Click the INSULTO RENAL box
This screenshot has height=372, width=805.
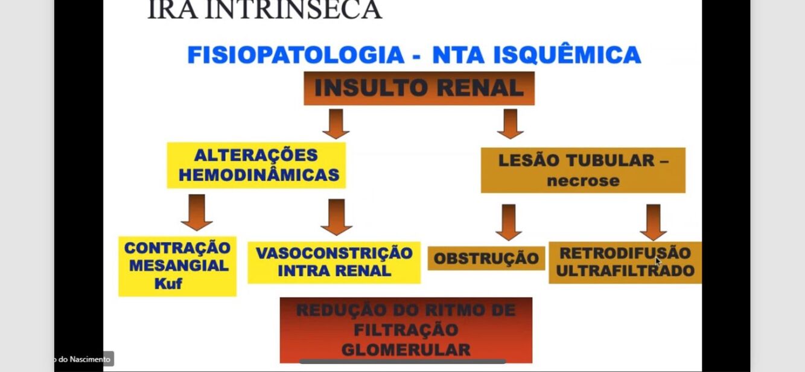(x=419, y=88)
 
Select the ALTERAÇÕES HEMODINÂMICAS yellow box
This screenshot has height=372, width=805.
(x=256, y=165)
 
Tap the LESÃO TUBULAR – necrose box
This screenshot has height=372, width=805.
(x=583, y=170)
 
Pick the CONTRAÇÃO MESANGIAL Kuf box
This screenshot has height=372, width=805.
(x=177, y=266)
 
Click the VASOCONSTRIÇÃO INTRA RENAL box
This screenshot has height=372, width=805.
(x=334, y=262)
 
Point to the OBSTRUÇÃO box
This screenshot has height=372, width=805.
(x=486, y=258)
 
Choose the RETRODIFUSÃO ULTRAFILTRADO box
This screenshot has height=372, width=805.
(x=625, y=262)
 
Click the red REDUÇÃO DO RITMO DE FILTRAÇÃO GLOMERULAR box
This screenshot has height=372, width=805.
(x=406, y=330)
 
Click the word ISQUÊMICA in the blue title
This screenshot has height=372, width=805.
(x=567, y=55)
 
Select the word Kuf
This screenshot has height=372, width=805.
(x=168, y=283)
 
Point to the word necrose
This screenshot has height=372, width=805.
(x=583, y=181)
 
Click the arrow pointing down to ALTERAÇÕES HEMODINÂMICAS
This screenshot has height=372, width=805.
(x=336, y=124)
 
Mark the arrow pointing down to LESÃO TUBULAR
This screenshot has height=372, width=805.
(x=511, y=124)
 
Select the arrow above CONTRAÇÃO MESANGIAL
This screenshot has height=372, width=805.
(x=197, y=212)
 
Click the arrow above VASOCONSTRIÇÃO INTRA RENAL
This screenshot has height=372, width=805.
(x=336, y=217)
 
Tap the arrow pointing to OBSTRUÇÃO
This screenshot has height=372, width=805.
(x=509, y=222)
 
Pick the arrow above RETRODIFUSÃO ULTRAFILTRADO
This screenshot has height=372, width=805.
(x=653, y=222)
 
